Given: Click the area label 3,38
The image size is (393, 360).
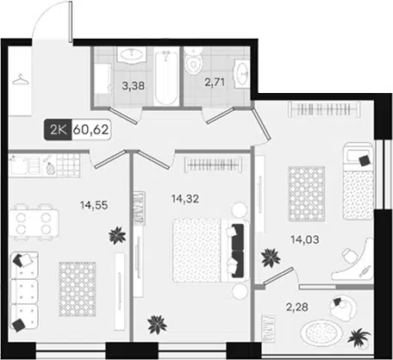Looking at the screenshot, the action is coord(134,85).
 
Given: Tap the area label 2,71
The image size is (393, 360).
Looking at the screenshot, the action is coord(215,83).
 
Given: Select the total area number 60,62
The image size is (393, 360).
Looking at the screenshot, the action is coord(91,130).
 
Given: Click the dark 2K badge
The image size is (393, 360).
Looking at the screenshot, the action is coord(58,130).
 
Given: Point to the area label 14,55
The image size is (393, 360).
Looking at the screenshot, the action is coord(94,205).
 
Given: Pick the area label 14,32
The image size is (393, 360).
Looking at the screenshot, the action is coord(185,198).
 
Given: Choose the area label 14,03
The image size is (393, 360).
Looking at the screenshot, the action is coord(305,239).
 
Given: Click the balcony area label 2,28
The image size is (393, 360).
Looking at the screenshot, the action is coord(297,307).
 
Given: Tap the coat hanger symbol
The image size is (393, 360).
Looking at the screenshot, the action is coord(21,79).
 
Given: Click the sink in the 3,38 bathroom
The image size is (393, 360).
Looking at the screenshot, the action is coord(132,54).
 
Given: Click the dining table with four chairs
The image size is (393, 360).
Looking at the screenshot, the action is coord(34,222).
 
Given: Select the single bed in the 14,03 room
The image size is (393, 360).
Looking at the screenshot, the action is coord(359,181).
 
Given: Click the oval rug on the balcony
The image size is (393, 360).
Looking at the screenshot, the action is coord(321,333).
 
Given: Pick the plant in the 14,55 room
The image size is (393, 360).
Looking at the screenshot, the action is coord(117,235).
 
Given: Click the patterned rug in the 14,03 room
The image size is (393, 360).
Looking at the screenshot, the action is coord(307,194).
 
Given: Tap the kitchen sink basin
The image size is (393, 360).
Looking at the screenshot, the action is coord(19,166).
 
